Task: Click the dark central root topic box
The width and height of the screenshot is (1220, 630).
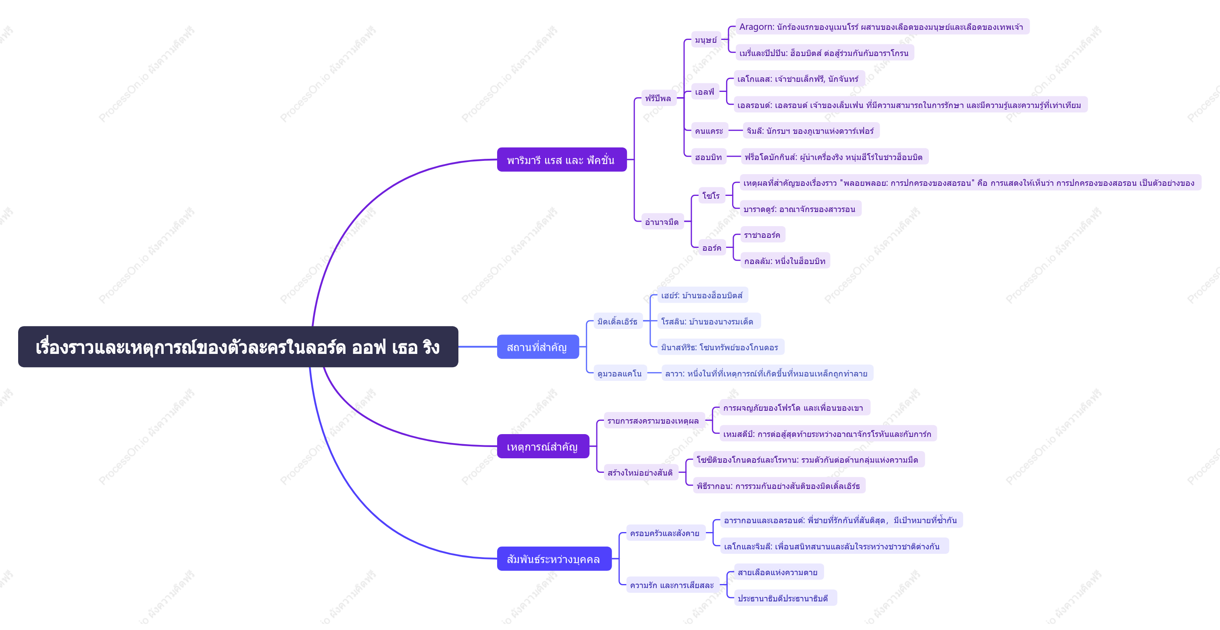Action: pyautogui.click(x=238, y=347)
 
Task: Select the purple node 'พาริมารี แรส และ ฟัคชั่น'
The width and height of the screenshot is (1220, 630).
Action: pyautogui.click(x=562, y=160)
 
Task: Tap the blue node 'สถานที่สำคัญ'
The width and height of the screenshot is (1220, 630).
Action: pyautogui.click(x=537, y=347)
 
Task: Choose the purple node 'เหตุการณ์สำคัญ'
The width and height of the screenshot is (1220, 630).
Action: pyautogui.click(x=543, y=446)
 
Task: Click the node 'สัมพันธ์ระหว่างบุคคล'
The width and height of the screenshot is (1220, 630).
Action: pyautogui.click(x=554, y=559)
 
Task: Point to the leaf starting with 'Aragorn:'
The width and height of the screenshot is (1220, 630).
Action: pyautogui.click(x=882, y=27)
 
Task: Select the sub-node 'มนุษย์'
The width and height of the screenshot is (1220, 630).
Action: pyautogui.click(x=706, y=40)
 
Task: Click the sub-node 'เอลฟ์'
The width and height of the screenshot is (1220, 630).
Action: pyautogui.click(x=705, y=92)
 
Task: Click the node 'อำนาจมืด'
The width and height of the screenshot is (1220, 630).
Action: pyautogui.click(x=662, y=222)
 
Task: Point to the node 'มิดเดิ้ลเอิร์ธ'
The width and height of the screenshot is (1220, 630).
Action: pyautogui.click(x=618, y=321)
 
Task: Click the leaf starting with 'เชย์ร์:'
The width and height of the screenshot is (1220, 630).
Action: pyautogui.click(x=702, y=295)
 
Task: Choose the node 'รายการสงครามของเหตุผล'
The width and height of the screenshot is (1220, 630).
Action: pyautogui.click(x=654, y=420)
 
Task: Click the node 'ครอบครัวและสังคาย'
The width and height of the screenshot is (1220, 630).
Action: pyautogui.click(x=665, y=533)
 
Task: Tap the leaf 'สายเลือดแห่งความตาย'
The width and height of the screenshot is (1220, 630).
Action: pyautogui.click(x=778, y=572)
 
